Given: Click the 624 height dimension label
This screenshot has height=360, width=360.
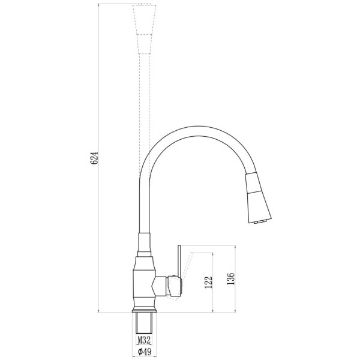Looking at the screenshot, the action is pos(94,157).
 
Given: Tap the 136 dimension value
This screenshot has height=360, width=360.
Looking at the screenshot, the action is pos(230,279).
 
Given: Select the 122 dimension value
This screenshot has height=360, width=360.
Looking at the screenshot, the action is pos(208,283).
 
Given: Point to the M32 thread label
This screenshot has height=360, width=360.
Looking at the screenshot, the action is pos(144,340).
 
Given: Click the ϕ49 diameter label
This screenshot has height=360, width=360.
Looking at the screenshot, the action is pos(145,351).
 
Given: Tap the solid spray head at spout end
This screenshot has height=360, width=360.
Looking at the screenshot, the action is pos(258,197).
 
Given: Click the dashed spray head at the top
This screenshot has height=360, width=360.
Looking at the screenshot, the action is pos(145,29).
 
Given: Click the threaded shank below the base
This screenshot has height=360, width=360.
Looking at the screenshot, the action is pos(144,324).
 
